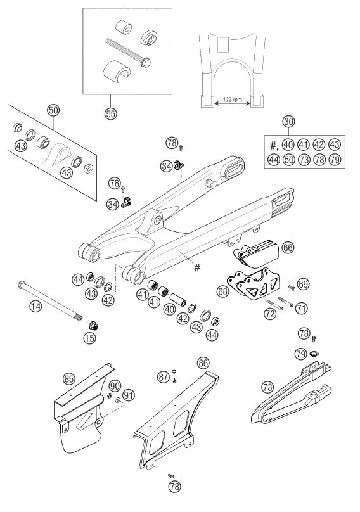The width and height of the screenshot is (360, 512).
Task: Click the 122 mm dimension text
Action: click(x=232, y=99)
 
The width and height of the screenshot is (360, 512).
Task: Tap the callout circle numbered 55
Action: click(x=111, y=113)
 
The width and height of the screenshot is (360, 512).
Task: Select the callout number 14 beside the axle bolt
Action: click(x=36, y=306)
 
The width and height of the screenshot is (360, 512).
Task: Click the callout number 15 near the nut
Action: click(x=89, y=338)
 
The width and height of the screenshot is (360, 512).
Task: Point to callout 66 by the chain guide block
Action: click(x=288, y=247)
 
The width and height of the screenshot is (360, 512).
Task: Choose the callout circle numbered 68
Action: click(x=223, y=291)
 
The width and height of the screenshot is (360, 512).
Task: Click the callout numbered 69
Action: click(x=304, y=284)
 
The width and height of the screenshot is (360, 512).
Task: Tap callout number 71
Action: click(x=302, y=307)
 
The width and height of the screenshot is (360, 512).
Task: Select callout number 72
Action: click(x=270, y=314)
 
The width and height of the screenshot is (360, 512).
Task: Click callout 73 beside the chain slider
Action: click(x=267, y=387)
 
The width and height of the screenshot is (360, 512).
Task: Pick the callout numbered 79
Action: click(x=300, y=354)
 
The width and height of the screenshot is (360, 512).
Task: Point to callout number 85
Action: click(x=68, y=379)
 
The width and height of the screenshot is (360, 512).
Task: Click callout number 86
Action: click(x=203, y=362)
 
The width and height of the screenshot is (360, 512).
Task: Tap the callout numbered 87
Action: click(x=164, y=377)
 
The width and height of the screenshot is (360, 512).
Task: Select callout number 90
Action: click(x=115, y=386)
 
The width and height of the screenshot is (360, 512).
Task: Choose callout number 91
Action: click(x=129, y=395)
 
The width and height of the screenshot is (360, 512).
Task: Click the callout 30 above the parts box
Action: click(x=288, y=122)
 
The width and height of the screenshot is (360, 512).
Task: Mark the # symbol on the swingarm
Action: click(x=197, y=268)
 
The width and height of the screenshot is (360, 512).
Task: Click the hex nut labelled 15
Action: click(x=93, y=325)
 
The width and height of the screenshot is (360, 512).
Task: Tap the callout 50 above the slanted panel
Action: click(x=53, y=110)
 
